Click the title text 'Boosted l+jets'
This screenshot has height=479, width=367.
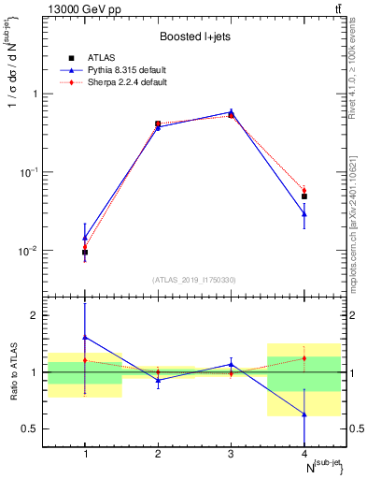[194, 36]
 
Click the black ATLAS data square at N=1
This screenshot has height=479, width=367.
[85, 252]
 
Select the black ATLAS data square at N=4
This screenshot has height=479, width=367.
[304, 196]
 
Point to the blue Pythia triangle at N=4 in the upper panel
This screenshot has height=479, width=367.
[304, 214]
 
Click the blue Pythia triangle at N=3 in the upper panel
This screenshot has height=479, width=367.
[231, 111]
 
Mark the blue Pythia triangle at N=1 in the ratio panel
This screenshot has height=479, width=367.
[85, 337]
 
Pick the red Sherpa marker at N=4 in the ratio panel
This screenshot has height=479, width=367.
[304, 358]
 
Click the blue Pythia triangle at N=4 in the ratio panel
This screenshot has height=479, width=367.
[304, 414]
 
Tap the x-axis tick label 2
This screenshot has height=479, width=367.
[158, 454]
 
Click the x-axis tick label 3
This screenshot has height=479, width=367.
[231, 454]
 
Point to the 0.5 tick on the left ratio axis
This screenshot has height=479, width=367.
[40, 428]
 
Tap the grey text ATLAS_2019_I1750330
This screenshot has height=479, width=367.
[194, 279]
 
